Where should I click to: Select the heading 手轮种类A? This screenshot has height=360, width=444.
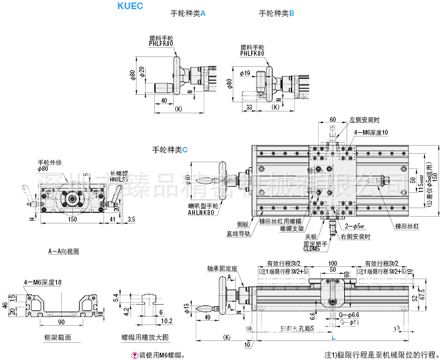click(x=187, y=13)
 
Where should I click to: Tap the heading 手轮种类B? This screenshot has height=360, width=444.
click(x=277, y=13)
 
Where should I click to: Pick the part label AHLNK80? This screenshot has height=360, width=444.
click(x=185, y=213)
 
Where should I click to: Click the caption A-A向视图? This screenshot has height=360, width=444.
click(x=63, y=251)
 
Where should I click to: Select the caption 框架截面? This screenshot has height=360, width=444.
click(x=58, y=337)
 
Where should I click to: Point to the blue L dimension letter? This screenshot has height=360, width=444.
click(x=333, y=338)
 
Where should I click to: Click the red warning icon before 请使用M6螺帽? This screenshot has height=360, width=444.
click(x=134, y=354)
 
